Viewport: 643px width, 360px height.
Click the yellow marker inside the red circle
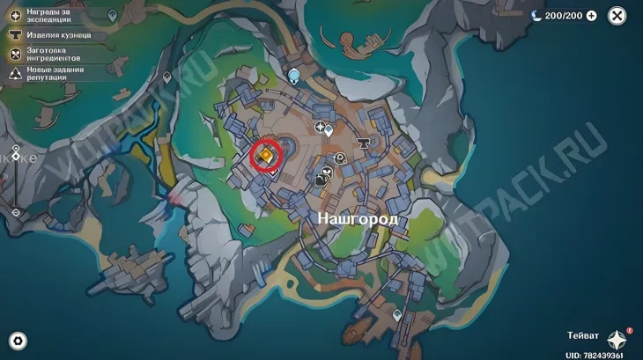click(x=264, y=155)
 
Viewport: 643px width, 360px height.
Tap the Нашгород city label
click(x=357, y=217)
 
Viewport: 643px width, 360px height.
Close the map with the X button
click(x=618, y=16)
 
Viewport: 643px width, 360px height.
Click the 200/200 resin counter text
click(x=564, y=16)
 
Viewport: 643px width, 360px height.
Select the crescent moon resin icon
click(x=536, y=16)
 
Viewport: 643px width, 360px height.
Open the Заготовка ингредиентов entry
click(x=58, y=55)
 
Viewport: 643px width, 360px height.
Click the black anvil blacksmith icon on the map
click(x=361, y=142)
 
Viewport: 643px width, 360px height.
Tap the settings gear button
click(x=17, y=341)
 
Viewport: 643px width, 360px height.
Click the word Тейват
click(x=584, y=336)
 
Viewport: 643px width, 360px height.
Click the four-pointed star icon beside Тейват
click(x=617, y=340)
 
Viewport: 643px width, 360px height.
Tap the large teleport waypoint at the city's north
click(x=294, y=77)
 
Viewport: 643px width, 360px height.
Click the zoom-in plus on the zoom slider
click(x=16, y=149)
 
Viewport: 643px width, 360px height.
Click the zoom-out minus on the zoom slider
click(x=16, y=212)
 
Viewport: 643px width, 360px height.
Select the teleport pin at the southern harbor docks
click(x=397, y=314)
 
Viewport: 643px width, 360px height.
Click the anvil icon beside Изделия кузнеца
click(x=16, y=35)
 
